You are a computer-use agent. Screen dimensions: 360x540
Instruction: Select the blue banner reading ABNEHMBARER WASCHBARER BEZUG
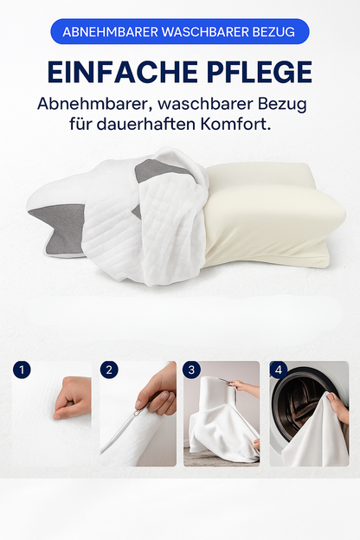click(x=180, y=32)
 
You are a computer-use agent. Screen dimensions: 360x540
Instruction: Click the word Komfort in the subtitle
click(x=235, y=124)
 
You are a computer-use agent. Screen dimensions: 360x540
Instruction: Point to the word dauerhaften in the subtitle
click(x=146, y=124)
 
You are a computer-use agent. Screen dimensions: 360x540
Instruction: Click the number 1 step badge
click(x=22, y=370)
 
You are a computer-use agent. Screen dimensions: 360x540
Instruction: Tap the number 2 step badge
click(x=109, y=370)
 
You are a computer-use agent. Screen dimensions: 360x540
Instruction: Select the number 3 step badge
click(x=191, y=370)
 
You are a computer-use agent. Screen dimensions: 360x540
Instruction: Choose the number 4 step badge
click(x=279, y=370)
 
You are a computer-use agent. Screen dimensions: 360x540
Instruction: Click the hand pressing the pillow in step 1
click(x=73, y=398)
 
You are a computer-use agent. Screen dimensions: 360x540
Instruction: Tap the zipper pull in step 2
click(x=138, y=410)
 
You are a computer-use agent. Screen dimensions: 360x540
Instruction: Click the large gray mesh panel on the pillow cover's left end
click(x=61, y=228)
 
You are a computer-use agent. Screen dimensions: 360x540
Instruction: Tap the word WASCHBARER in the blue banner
click(x=205, y=32)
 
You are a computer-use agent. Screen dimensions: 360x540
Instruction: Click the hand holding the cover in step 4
click(x=338, y=408)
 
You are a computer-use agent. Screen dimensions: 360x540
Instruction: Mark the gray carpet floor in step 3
click(x=207, y=457)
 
